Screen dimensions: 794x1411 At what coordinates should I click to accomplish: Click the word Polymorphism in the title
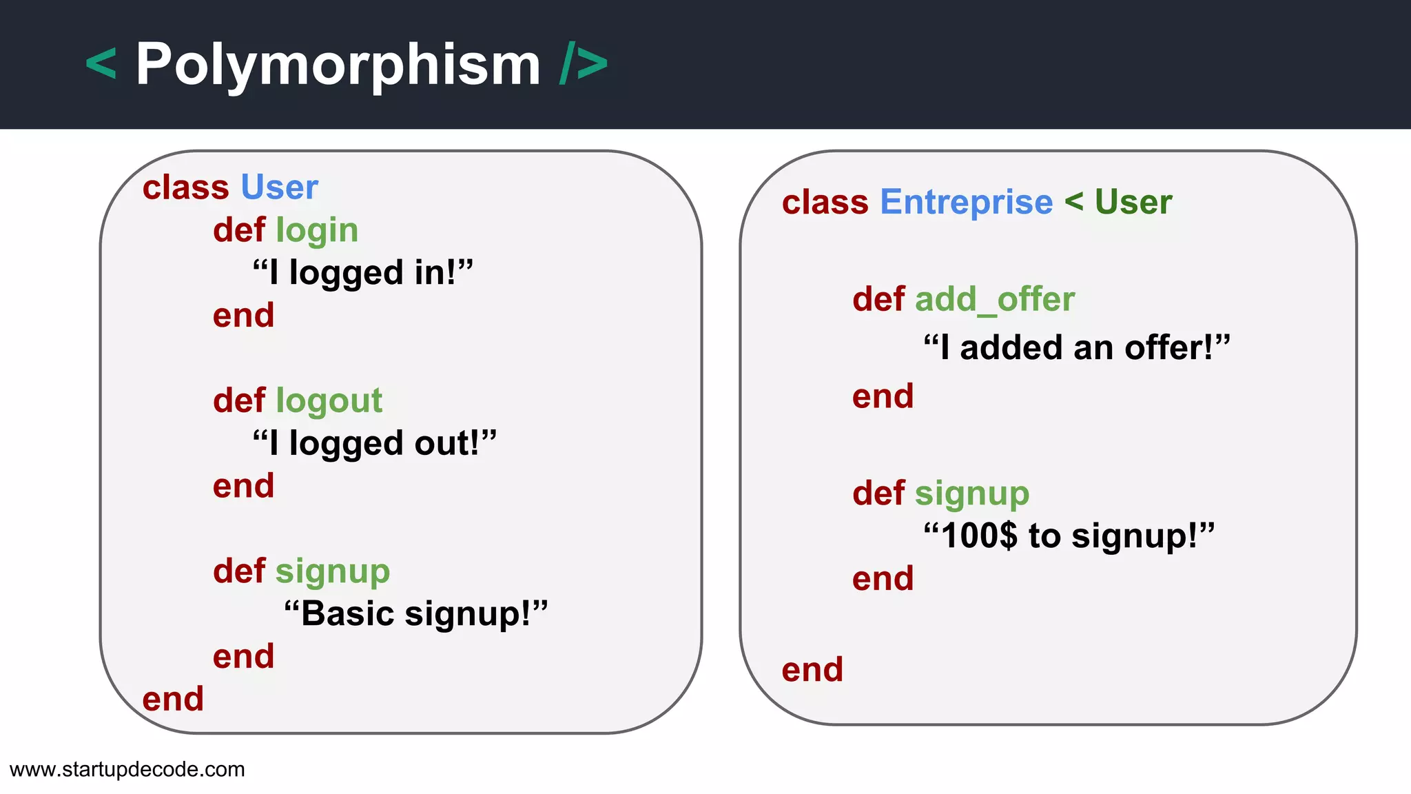click(338, 65)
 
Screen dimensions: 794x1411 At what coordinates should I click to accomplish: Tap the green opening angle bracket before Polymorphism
click(101, 64)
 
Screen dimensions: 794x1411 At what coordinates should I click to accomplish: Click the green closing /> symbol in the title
click(584, 64)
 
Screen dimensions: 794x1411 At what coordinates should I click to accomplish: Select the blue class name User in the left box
click(279, 187)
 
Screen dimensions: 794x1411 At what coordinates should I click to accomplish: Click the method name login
click(317, 230)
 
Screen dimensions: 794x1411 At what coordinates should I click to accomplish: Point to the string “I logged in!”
click(363, 272)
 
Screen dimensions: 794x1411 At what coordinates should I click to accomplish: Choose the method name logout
click(329, 400)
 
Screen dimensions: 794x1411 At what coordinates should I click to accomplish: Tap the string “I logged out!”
click(375, 443)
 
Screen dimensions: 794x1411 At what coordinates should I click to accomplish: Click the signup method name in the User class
click(333, 571)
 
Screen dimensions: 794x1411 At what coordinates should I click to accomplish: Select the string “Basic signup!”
click(416, 613)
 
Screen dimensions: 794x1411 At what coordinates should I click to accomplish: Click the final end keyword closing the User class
click(173, 699)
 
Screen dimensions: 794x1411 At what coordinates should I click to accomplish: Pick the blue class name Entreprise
click(966, 202)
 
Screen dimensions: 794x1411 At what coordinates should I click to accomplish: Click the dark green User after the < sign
click(1133, 202)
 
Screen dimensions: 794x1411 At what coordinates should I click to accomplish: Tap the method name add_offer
click(994, 299)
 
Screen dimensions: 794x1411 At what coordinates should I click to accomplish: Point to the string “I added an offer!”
click(1077, 347)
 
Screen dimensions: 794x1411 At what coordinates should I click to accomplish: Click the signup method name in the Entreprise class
click(972, 493)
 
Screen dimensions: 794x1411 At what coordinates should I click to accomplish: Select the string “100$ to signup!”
click(1069, 536)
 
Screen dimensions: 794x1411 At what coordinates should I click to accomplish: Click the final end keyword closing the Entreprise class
click(812, 670)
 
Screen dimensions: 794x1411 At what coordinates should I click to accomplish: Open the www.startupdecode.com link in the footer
click(127, 769)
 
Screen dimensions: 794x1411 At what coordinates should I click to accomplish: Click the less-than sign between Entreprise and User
click(1073, 202)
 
